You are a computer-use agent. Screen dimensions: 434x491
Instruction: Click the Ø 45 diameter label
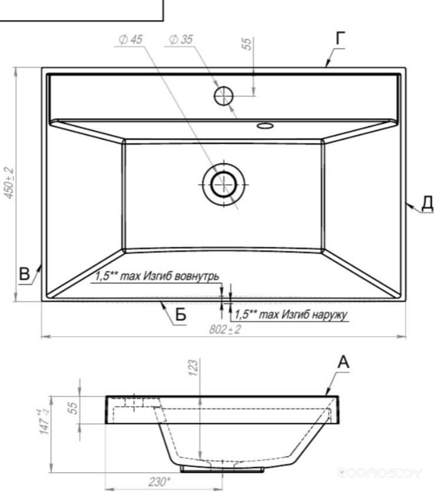[x=131, y=39]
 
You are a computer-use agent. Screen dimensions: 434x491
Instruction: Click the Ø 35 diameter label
[x=181, y=39]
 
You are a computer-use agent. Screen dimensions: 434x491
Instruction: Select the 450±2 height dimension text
[x=9, y=183]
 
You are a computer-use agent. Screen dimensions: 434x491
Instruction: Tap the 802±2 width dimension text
[x=225, y=330]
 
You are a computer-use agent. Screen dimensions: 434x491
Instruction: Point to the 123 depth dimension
[x=194, y=368]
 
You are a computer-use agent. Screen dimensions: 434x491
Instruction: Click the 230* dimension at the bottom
[x=160, y=482]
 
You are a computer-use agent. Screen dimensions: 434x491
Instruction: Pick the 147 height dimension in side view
[x=45, y=422]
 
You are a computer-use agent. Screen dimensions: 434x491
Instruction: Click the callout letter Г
[x=340, y=38]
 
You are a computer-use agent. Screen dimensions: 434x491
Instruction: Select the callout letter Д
[x=428, y=203]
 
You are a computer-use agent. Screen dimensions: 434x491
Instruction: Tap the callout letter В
[x=24, y=273]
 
